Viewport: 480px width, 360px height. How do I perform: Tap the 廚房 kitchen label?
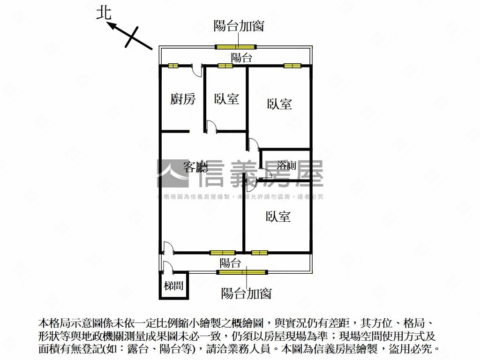point(183,99)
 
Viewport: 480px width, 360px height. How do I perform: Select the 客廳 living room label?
point(195,166)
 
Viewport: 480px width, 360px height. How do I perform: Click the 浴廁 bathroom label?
point(286,165)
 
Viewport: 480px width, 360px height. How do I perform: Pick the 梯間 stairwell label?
point(173,285)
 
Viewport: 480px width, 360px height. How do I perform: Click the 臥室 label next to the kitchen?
point(226,99)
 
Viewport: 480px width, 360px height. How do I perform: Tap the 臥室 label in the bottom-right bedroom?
point(278,216)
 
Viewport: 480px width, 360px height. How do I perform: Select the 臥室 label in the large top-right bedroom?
point(279,104)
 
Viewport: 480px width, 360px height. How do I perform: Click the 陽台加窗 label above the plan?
point(239,26)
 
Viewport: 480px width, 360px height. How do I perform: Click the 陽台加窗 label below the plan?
point(247,293)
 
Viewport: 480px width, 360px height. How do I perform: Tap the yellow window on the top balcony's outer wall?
point(235,46)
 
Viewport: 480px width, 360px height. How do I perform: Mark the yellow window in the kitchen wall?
point(174,66)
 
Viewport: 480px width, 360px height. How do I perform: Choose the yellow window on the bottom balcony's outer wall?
point(242,272)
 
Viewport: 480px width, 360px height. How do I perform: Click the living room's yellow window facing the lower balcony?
point(222,253)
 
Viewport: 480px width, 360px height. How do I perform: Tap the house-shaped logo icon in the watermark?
point(172,174)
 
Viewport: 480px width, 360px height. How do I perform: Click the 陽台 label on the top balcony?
point(242,58)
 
